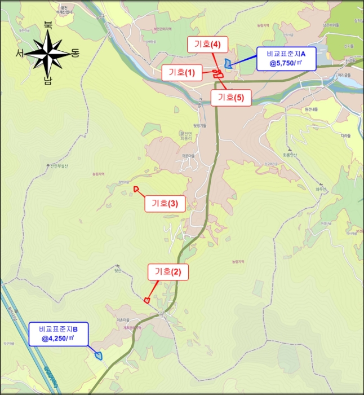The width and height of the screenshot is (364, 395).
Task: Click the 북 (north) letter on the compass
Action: [x=48, y=25]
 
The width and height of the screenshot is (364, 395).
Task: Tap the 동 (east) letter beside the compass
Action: [x=75, y=53]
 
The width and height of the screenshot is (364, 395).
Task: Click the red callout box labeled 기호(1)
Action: [x=181, y=72]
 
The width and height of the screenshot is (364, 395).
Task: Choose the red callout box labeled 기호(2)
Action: [x=168, y=272]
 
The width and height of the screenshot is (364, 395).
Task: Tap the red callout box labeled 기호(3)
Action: [x=165, y=204]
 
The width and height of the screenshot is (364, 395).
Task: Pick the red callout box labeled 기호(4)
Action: [x=208, y=44]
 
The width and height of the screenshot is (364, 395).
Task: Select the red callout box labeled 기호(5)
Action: [x=231, y=98]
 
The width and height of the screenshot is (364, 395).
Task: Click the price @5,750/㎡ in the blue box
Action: [x=286, y=64]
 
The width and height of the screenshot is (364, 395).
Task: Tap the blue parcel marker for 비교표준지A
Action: [x=228, y=64]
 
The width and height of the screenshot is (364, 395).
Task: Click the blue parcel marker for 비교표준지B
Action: [x=99, y=355]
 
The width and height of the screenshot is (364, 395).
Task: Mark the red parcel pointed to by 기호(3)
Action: [x=136, y=188]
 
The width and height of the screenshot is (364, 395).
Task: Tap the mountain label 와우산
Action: [x=322, y=188]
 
